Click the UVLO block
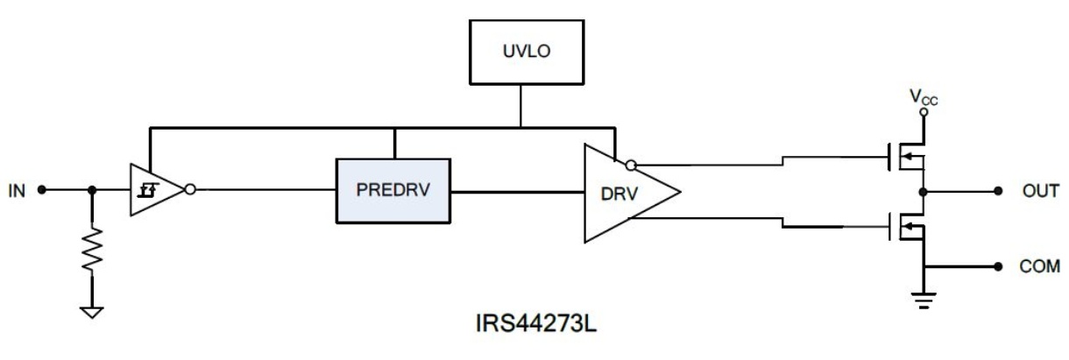[x=527, y=52]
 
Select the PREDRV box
[x=393, y=191]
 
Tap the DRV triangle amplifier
[x=620, y=193]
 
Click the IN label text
[x=17, y=191]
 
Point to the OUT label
[x=1040, y=191]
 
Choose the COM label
[x=1039, y=266]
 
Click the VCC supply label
[x=924, y=97]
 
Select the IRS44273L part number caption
[x=536, y=323]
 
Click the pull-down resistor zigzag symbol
[x=92, y=250]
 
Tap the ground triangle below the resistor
[x=92, y=313]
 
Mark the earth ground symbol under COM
[x=924, y=300]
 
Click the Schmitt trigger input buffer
[x=157, y=190]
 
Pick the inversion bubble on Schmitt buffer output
[x=190, y=190]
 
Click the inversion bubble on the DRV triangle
[x=631, y=166]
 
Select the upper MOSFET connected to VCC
[x=907, y=157]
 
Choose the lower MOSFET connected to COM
[x=907, y=227]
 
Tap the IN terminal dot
[x=42, y=190]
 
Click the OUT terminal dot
[x=998, y=191]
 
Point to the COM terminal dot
[x=998, y=266]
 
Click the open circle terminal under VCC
[x=924, y=112]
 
